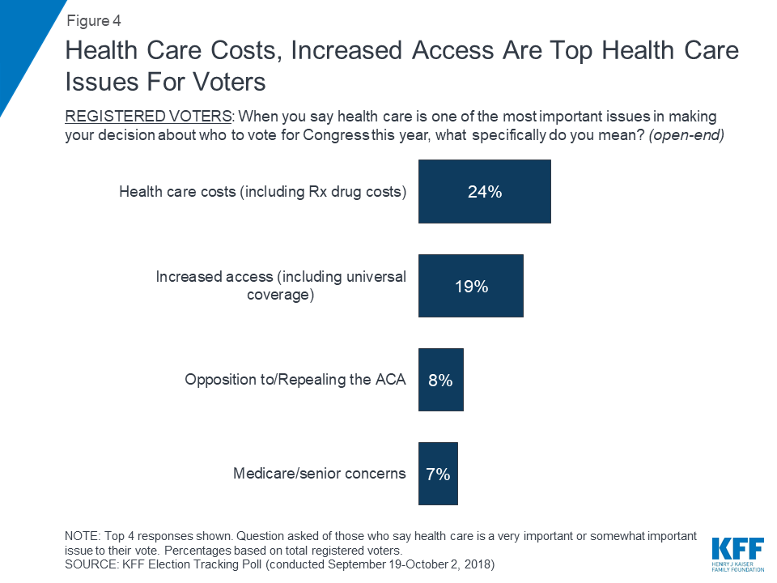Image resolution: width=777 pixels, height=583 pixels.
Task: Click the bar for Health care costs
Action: point(484,191)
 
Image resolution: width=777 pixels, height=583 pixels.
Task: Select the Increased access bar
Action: point(470,286)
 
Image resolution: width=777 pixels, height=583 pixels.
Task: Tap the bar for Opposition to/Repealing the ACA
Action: point(440,380)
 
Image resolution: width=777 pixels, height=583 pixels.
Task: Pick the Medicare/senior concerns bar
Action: point(438,474)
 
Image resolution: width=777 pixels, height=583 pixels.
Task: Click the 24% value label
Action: point(484,192)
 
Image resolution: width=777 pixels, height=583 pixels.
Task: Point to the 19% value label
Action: point(470,286)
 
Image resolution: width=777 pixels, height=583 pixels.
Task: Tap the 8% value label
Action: point(440,380)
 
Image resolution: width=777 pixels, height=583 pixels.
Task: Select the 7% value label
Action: point(438,474)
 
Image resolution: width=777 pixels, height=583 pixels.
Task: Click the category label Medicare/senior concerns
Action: point(319,474)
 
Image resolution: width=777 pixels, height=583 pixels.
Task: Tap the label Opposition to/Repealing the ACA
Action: point(295,380)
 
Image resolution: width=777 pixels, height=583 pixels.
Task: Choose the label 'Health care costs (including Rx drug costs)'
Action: point(262,192)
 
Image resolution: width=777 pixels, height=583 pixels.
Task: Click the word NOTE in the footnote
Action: point(79,535)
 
